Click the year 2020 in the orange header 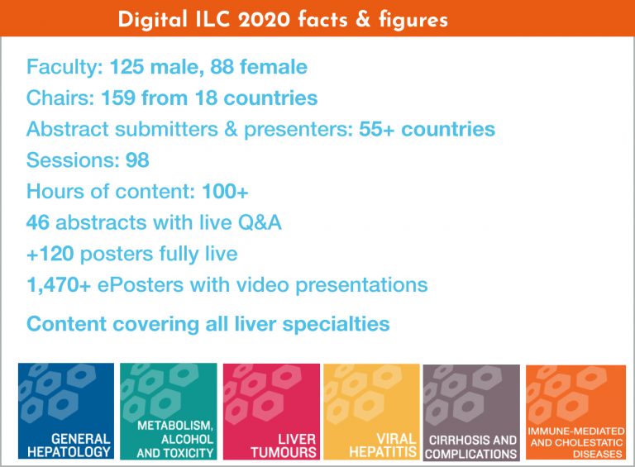264,20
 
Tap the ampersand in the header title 363,20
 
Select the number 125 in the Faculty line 127,67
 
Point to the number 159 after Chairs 118,98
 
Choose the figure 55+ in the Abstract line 377,129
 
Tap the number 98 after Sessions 137,160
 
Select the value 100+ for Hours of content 225,192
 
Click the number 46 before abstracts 38,222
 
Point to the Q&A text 260,222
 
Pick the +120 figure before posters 50,254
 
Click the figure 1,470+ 59,285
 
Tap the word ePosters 141,285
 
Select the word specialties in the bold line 336,324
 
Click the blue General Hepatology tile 66,411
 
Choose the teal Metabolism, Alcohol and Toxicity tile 169,411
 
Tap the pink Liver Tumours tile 271,412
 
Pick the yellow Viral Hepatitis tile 371,412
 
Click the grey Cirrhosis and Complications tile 471,412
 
